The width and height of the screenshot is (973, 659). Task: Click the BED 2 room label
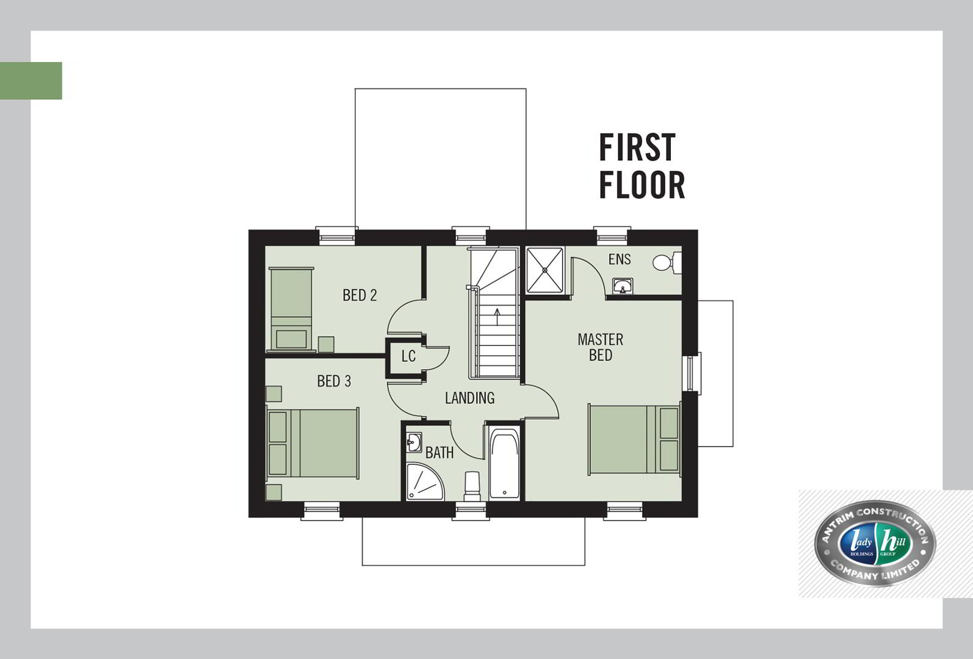360,295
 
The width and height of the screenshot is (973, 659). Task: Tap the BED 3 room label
334,381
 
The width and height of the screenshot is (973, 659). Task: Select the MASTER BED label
600,347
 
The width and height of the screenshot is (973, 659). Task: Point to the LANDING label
469,398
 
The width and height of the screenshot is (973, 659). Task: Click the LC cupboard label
409,356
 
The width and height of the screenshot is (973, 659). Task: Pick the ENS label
620,259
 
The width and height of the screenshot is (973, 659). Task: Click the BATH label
439,453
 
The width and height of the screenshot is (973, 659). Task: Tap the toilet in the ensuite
667,262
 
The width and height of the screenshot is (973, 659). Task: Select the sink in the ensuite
623,286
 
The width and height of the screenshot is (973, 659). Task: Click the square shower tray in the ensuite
545,270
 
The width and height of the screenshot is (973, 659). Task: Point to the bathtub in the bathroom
504,463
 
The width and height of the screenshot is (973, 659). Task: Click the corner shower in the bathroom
425,482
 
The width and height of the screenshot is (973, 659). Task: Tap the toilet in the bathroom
472,486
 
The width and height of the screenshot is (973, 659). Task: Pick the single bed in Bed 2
291,309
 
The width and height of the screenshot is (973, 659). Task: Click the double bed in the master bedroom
634,439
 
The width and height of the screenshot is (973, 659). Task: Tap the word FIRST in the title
637,148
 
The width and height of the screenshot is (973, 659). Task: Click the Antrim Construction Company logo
875,542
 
